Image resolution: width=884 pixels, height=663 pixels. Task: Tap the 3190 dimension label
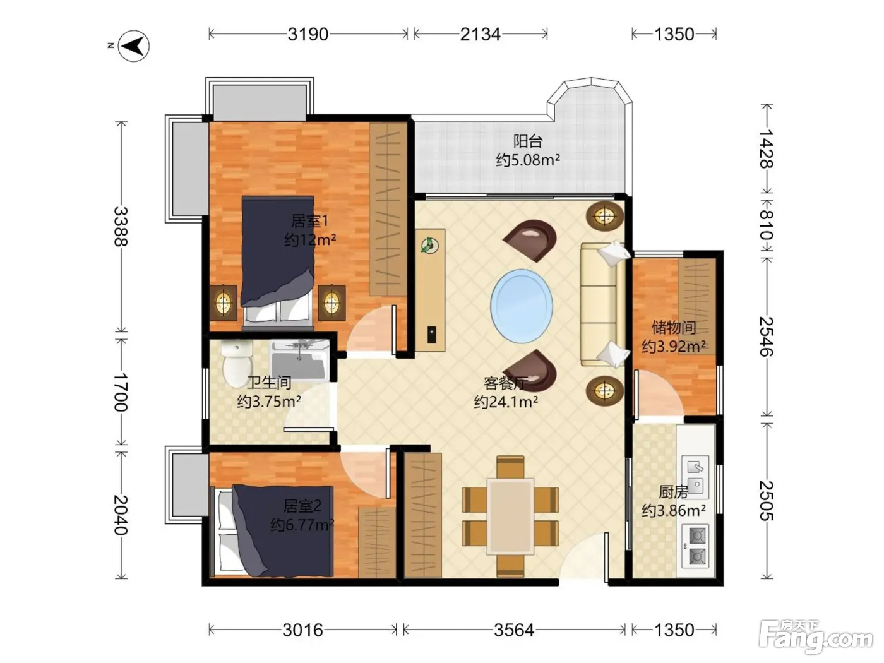(308, 34)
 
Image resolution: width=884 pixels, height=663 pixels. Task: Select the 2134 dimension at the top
(480, 34)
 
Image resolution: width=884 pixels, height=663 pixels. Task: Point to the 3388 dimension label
(120, 226)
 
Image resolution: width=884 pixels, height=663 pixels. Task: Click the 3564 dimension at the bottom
(514, 630)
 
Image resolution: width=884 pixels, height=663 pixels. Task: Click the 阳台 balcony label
(528, 141)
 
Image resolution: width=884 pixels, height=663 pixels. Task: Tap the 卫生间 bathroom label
(269, 383)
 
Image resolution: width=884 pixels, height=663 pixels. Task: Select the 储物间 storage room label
(674, 328)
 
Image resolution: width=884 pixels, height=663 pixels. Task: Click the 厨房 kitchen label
(673, 491)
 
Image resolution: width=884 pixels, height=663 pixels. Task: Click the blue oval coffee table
(521, 306)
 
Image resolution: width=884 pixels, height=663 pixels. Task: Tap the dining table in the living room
(510, 517)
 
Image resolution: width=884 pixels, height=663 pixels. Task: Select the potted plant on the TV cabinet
(429, 245)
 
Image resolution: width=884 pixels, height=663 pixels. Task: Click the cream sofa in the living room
(603, 304)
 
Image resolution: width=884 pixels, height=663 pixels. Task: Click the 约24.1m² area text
(506, 402)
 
